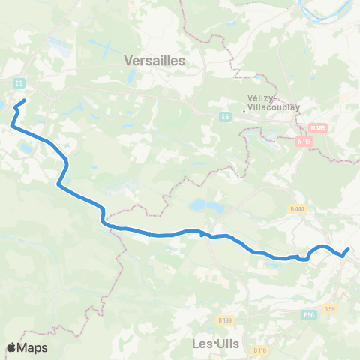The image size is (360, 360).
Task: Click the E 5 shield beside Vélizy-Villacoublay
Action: click(224, 117)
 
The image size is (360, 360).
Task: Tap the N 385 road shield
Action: click(319, 128)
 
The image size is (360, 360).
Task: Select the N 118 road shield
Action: click(304, 140)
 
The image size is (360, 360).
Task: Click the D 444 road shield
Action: click(296, 209)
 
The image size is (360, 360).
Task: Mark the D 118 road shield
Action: click(259, 349)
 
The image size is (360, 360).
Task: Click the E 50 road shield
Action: click(310, 316)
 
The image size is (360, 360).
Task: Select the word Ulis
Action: click(226, 344)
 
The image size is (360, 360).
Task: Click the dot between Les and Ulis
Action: click(214, 344)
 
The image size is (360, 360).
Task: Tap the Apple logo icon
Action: click(12, 347)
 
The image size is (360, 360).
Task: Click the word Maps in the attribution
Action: click(33, 347)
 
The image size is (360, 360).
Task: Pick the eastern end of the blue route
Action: click(349, 248)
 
